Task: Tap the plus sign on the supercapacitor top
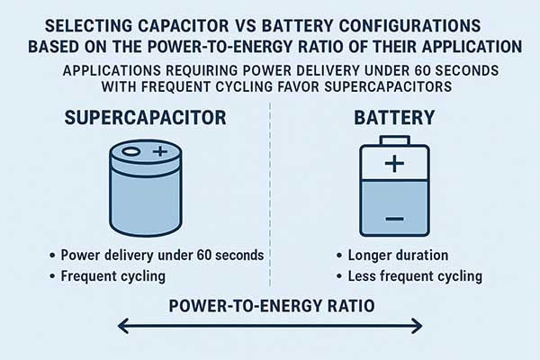click(159, 153)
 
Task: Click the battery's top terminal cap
click(392, 140)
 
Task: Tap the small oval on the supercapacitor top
click(132, 153)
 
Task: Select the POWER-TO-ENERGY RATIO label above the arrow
click(271, 307)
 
